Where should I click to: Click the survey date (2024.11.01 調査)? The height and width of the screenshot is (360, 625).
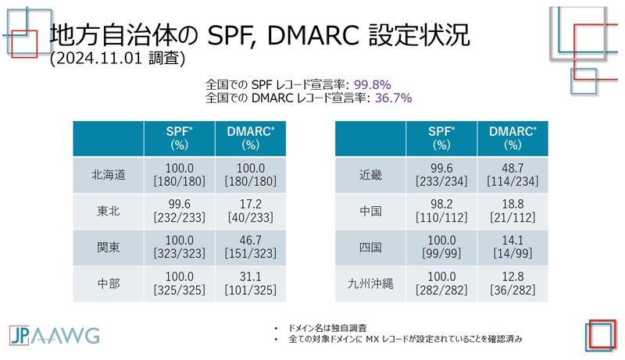(116, 59)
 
